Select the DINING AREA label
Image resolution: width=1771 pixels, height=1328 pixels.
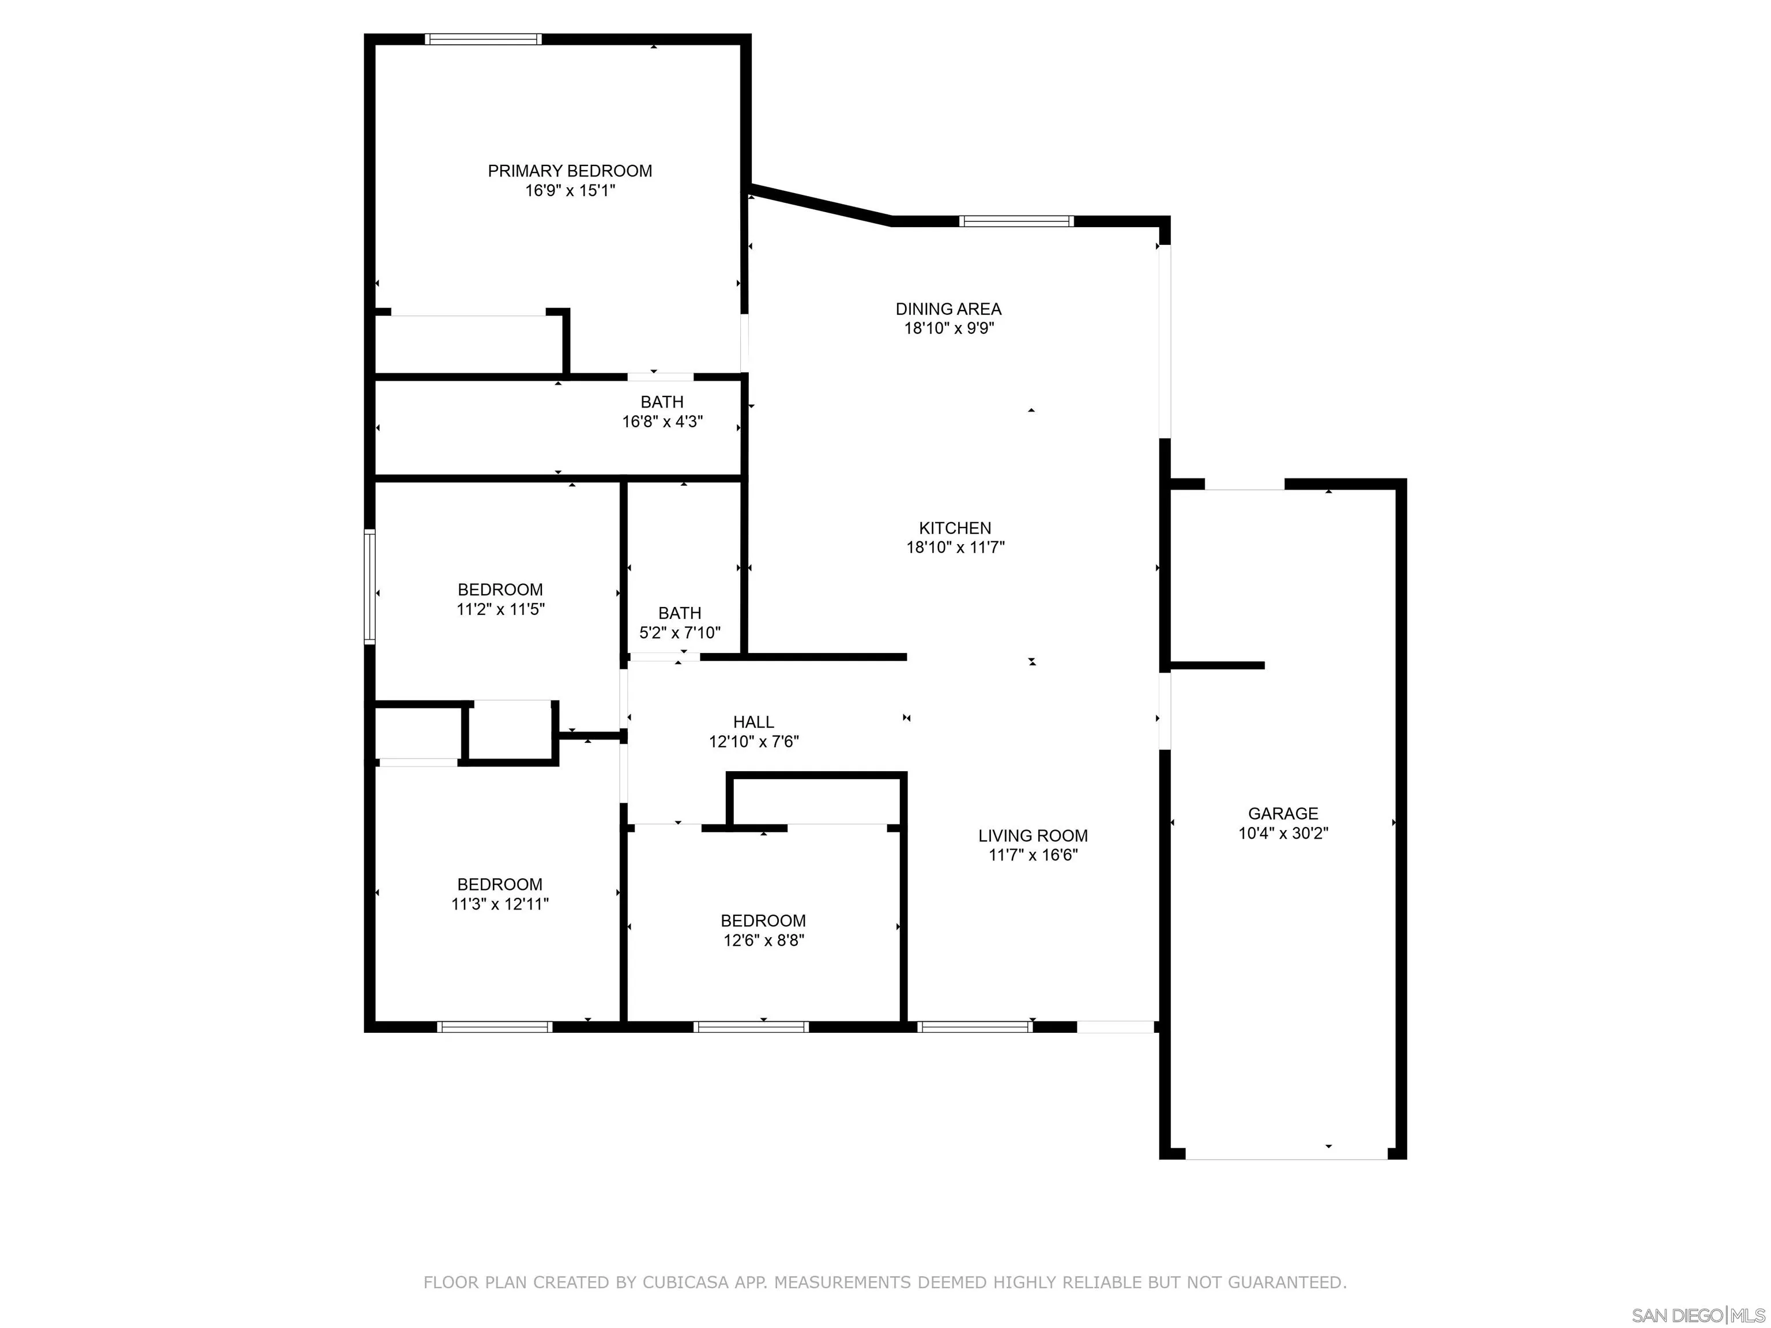point(948,309)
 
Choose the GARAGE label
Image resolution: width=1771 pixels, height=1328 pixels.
point(1283,813)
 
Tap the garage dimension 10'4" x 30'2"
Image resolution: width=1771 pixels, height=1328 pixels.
point(1283,833)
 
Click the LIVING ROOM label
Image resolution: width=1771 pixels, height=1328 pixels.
point(1033,836)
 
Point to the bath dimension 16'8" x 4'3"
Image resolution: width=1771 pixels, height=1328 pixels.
point(662,422)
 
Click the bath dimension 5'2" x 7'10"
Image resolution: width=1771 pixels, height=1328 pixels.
point(679,633)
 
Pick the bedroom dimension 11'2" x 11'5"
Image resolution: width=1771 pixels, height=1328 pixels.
point(500,609)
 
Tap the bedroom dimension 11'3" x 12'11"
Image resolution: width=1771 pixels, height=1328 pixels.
point(500,904)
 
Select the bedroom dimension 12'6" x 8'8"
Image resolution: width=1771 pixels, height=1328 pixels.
point(763,941)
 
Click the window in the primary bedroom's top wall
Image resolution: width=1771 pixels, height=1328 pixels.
point(483,39)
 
